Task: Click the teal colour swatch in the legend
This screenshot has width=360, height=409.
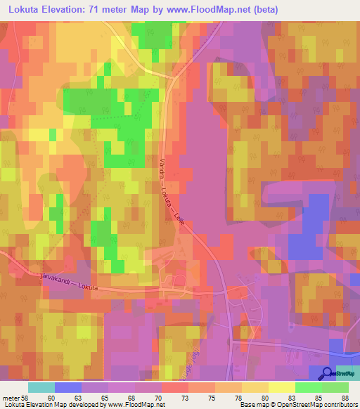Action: [x=41, y=387]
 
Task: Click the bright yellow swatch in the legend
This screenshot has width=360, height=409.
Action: [x=282, y=387]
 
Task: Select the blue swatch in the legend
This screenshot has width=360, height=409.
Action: [x=68, y=387]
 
